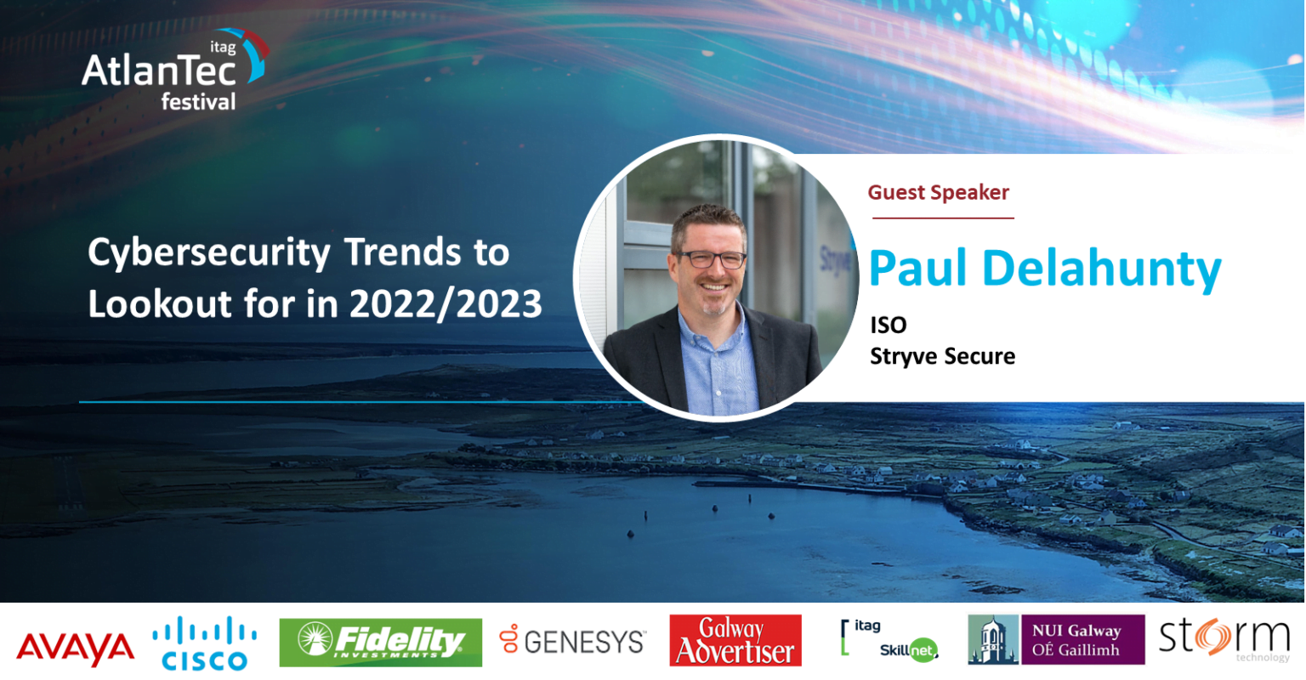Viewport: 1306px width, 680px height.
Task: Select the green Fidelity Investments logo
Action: (381, 642)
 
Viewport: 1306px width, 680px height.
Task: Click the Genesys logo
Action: (572, 641)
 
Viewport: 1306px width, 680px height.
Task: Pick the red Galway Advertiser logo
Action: (735, 640)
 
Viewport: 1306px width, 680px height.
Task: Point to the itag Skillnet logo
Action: (889, 640)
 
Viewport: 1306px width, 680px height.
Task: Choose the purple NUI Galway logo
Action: (1056, 639)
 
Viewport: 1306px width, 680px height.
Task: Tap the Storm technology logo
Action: (1224, 640)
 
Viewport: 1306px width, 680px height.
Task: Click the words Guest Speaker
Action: (938, 192)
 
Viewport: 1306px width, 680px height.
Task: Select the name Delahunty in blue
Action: (1101, 269)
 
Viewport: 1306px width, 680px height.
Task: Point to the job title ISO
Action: (889, 326)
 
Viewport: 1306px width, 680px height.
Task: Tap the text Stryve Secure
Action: (943, 356)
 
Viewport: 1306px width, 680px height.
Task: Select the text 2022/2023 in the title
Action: (446, 304)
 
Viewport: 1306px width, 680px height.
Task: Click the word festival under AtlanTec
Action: (198, 101)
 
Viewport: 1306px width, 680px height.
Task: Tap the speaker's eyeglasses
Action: (710, 258)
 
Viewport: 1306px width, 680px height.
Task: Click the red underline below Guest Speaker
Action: (943, 218)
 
